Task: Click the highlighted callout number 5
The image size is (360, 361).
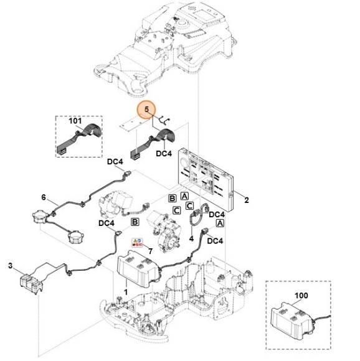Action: coord(146,110)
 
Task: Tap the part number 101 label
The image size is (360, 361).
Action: coord(75,121)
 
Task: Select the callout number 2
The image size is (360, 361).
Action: coord(247,200)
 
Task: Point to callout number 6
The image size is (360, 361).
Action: coord(44,197)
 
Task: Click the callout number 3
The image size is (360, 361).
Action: coord(10,265)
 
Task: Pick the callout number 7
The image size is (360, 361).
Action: coord(150,251)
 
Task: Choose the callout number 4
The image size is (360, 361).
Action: coord(191,239)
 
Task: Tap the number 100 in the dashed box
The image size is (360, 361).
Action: coord(301,296)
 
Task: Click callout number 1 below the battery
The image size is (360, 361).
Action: coord(126,293)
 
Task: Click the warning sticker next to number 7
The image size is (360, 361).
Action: coord(137,243)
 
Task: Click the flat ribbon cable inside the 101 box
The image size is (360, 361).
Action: coord(79,138)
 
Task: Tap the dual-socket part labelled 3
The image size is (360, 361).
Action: coord(31,284)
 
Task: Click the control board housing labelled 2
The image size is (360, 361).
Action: coord(206,179)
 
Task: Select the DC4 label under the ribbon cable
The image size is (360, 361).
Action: coord(164,153)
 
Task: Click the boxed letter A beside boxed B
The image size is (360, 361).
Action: coord(184,196)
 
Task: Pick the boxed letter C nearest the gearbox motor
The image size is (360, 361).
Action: coord(177,210)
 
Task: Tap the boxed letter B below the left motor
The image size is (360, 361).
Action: coord(135,222)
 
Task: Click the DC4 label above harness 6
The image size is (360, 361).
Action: coord(115,162)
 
